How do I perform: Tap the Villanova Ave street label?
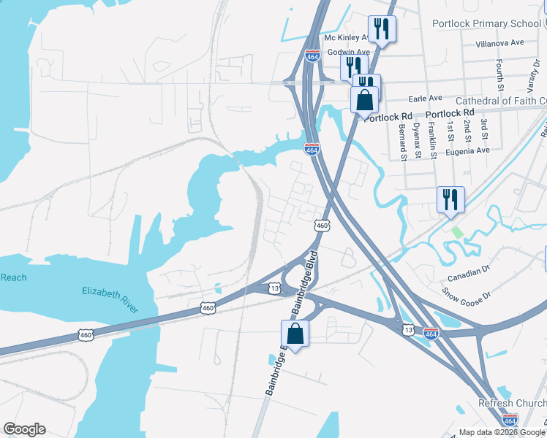point(500,43)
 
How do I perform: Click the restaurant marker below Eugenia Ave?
point(450,199)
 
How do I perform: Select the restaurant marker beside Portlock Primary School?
point(381,29)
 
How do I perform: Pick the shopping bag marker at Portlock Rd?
point(365,99)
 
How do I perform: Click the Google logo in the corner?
point(24,429)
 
